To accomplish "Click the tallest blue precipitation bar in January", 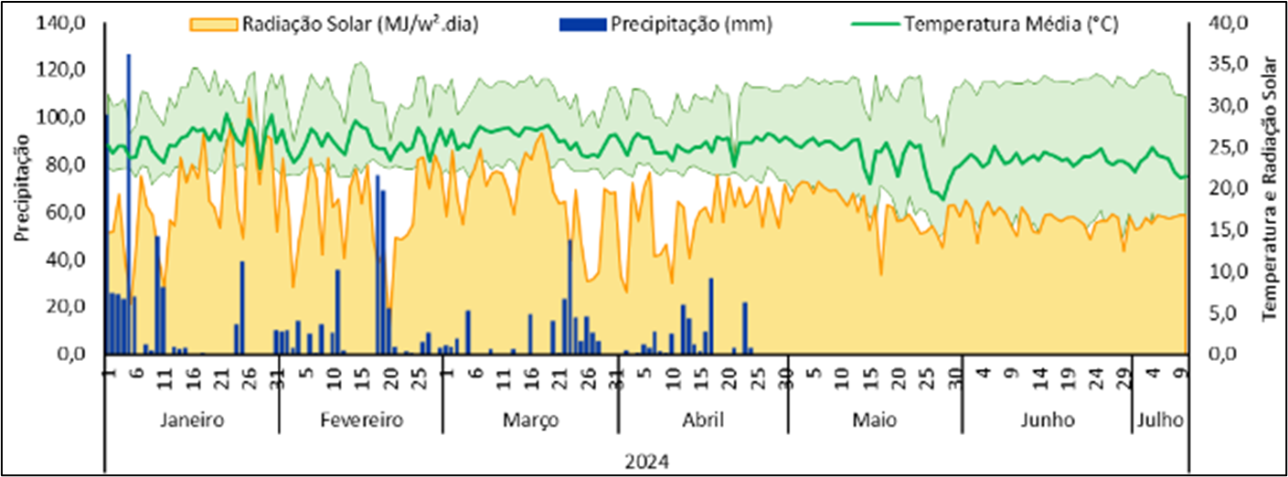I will (x=128, y=201).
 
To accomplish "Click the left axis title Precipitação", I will (x=22, y=187).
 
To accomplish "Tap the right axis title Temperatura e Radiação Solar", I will (x=1269, y=187).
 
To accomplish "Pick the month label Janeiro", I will (x=191, y=421).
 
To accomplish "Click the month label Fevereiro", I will (x=361, y=421).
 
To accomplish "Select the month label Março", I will (x=529, y=421).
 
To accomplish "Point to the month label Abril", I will (x=703, y=421).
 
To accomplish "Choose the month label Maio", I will (x=874, y=421).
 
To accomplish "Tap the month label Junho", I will (x=1048, y=421).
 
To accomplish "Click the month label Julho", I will (x=1161, y=421).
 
